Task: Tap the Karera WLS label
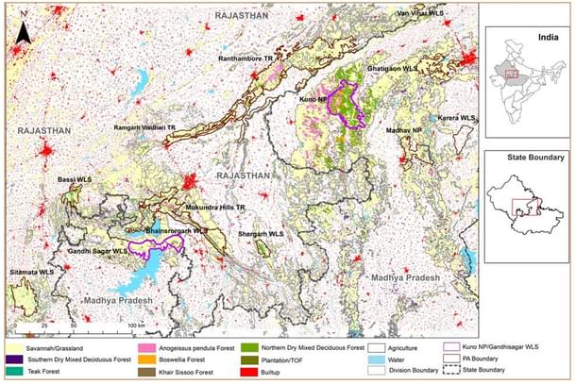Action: [x=455, y=117]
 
